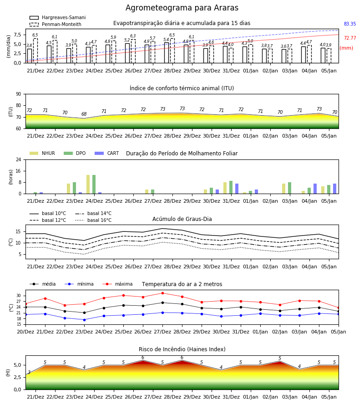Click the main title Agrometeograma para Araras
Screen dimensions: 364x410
[182, 8]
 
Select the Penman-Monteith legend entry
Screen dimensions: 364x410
[56, 24]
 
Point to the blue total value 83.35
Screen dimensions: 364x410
[350, 24]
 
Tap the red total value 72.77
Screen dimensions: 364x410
[350, 38]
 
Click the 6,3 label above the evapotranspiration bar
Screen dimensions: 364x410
[133, 36]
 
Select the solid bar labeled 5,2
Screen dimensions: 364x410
[127, 53]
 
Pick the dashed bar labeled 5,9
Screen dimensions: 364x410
[114, 52]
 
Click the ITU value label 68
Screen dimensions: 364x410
[84, 114]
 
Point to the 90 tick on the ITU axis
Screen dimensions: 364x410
[19, 94]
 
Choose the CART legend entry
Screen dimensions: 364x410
[107, 153]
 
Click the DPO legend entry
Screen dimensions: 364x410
[75, 153]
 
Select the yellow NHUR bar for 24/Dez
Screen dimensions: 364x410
[88, 184]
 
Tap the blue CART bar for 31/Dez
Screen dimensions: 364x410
[237, 189]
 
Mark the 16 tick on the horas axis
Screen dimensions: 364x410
[19, 171]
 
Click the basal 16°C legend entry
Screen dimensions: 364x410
[93, 220]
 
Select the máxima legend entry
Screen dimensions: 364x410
[117, 284]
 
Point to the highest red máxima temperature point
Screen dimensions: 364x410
[163, 293]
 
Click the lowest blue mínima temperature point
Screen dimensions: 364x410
[84, 320]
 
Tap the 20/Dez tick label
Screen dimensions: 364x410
[25, 332]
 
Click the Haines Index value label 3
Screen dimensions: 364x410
[29, 372]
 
